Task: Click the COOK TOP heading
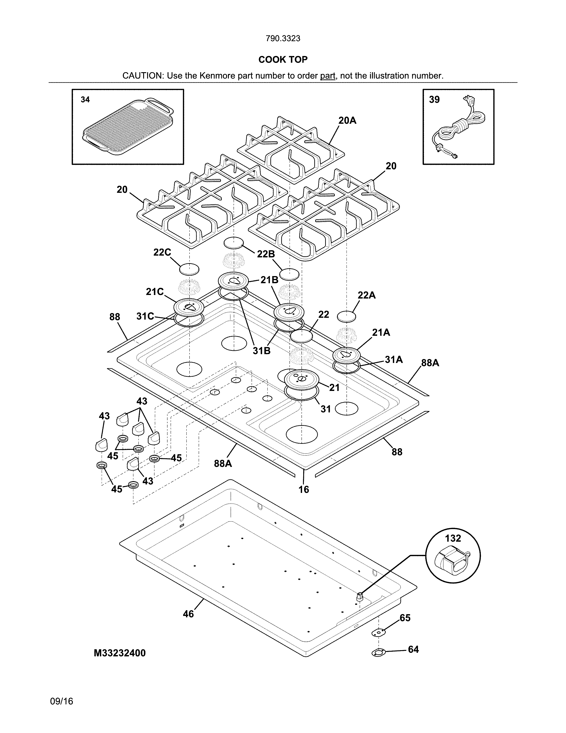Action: [x=283, y=60]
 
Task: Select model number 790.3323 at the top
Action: [x=283, y=39]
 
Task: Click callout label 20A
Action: [x=347, y=120]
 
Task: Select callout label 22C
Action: [x=162, y=252]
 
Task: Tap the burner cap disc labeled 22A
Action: [x=346, y=316]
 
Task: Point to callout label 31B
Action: [x=261, y=351]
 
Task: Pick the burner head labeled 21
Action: [x=301, y=379]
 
